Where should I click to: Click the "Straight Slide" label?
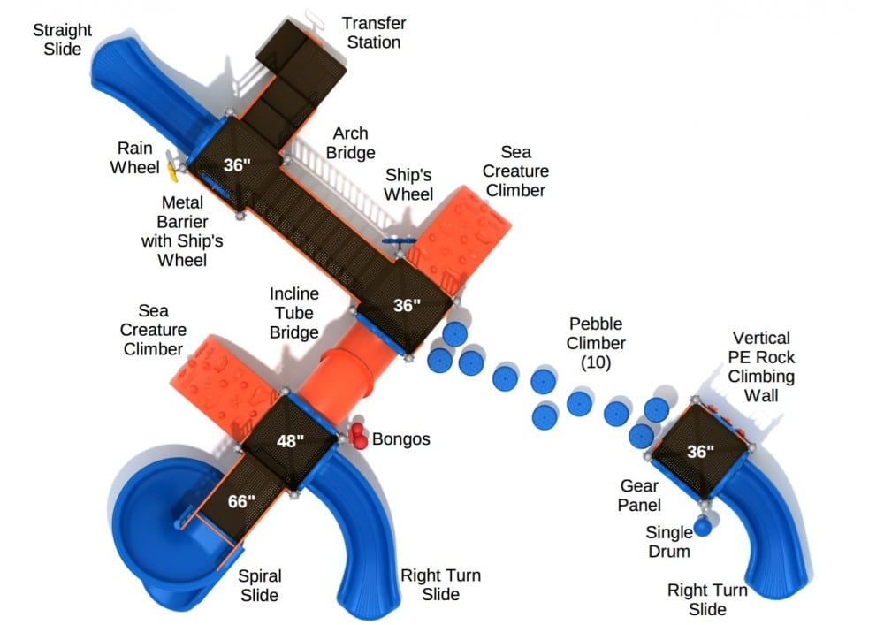[62, 39]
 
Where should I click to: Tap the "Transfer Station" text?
[374, 33]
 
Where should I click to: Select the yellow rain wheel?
[172, 170]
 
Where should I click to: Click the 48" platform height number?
[290, 441]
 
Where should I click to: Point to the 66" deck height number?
[241, 501]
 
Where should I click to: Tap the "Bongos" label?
[400, 439]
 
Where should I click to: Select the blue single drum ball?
[703, 527]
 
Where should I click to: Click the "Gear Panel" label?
[639, 495]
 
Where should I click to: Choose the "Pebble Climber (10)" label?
[596, 343]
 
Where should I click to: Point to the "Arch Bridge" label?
[350, 143]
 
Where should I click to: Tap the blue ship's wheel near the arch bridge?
[400, 241]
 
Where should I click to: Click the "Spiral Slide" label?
[259, 585]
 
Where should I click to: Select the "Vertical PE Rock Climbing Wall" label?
[761, 366]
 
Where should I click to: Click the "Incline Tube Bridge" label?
[293, 313]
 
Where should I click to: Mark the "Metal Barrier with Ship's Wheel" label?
[182, 231]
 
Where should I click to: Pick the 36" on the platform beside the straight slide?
[237, 165]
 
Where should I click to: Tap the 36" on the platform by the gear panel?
[700, 452]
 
